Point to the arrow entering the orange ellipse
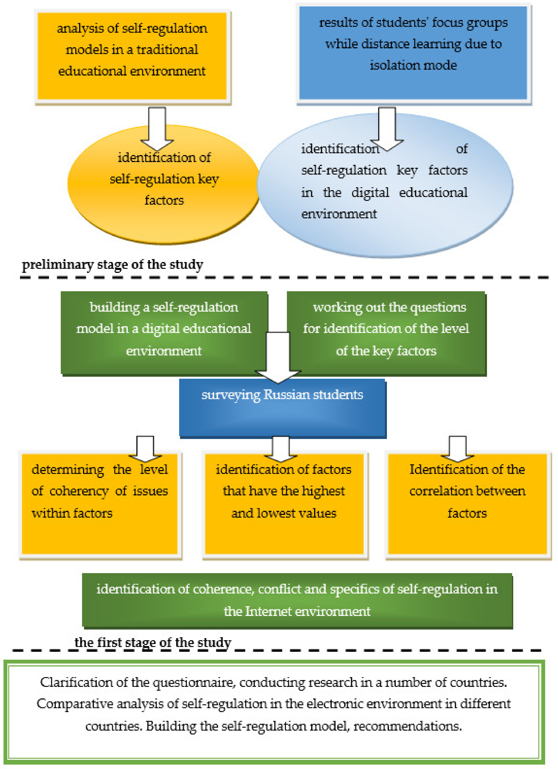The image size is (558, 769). (157, 129)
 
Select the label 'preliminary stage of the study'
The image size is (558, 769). (113, 264)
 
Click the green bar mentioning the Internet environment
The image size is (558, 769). (297, 600)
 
